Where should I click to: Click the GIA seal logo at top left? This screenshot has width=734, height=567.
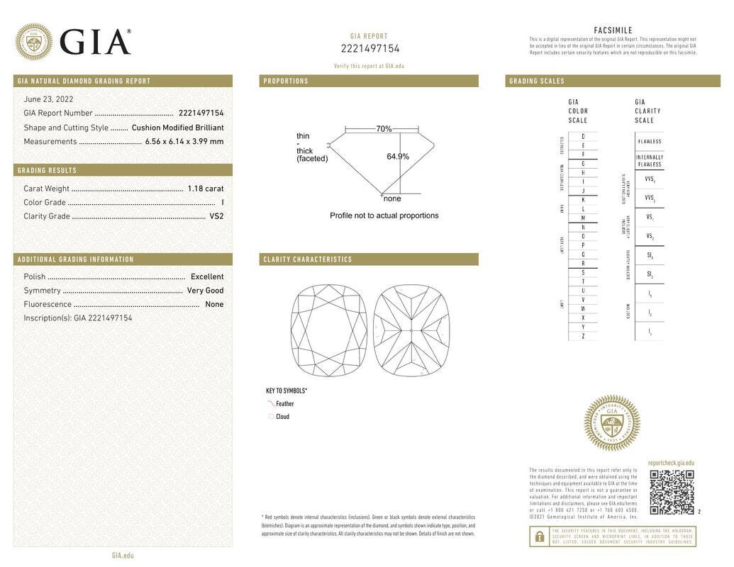pyautogui.click(x=33, y=42)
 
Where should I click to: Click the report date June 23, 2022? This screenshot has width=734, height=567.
pyautogui.click(x=48, y=99)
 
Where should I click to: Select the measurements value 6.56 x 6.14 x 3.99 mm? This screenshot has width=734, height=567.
pyautogui.click(x=184, y=141)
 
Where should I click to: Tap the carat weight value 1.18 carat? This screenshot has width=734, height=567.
pyautogui.click(x=206, y=189)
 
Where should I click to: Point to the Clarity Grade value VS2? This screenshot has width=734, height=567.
pyautogui.click(x=216, y=216)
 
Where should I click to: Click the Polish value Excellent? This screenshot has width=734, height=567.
pyautogui.click(x=207, y=276)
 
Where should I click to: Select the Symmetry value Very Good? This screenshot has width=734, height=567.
pyautogui.click(x=205, y=291)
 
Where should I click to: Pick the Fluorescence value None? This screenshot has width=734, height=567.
pyautogui.click(x=214, y=304)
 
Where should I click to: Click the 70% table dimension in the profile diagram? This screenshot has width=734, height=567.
pyautogui.click(x=384, y=129)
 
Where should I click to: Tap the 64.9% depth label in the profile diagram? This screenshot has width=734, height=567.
pyautogui.click(x=398, y=157)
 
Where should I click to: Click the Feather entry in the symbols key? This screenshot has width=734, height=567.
pyautogui.click(x=284, y=404)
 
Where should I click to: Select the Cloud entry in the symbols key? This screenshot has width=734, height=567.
pyautogui.click(x=282, y=417)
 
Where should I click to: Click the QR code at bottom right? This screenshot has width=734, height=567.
pyautogui.click(x=672, y=491)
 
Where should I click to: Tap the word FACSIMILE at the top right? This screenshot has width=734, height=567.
pyautogui.click(x=613, y=30)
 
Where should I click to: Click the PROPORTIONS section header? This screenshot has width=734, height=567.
pyautogui.click(x=286, y=82)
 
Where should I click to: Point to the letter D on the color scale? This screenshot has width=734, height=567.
pyautogui.click(x=583, y=136)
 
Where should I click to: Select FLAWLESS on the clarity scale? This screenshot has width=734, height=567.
pyautogui.click(x=649, y=142)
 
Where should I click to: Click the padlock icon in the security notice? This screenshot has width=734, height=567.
pyautogui.click(x=539, y=537)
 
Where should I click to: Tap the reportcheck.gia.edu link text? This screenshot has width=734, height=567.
pyautogui.click(x=671, y=463)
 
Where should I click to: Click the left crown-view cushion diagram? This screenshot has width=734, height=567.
pyautogui.click(x=329, y=331)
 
